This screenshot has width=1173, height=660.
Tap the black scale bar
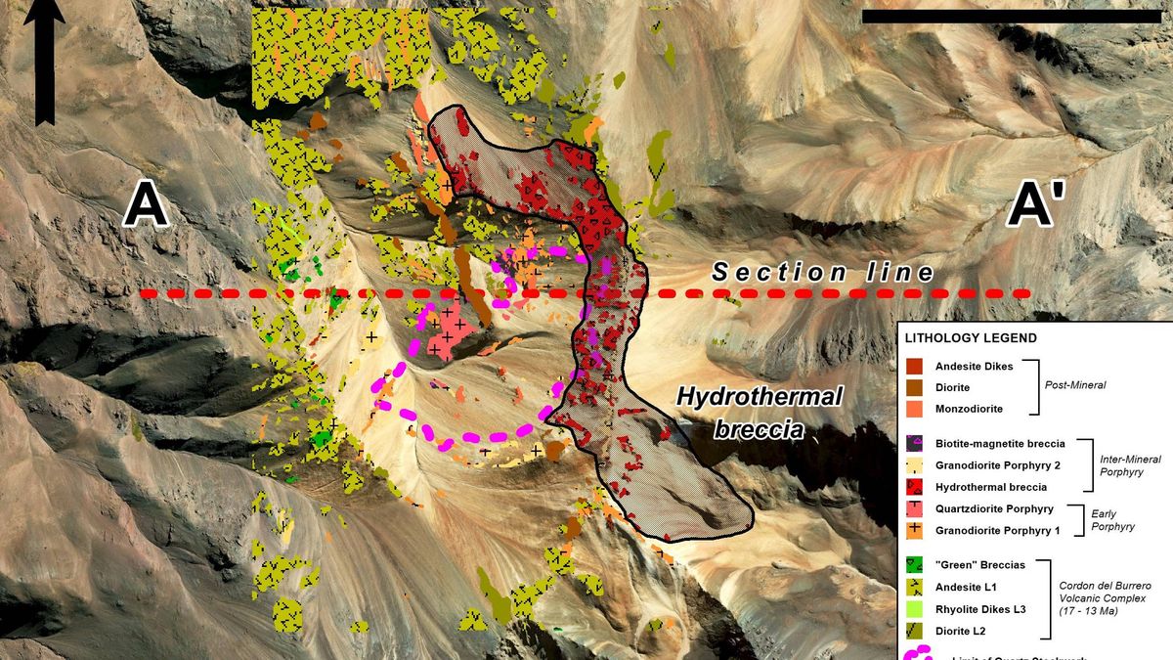(x=1012, y=17)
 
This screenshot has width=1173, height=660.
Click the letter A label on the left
(x=146, y=206)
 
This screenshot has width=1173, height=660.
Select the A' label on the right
(x=1038, y=206)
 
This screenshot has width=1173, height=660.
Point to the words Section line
(x=823, y=272)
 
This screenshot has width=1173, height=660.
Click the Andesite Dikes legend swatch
(x=917, y=366)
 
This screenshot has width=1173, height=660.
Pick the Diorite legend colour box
(x=917, y=387)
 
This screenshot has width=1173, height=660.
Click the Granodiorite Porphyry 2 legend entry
(x=997, y=464)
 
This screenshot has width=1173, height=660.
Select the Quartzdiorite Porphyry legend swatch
(x=917, y=508)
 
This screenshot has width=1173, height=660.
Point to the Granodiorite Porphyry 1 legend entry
(x=997, y=530)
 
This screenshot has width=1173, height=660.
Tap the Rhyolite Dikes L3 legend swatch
(x=917, y=608)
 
